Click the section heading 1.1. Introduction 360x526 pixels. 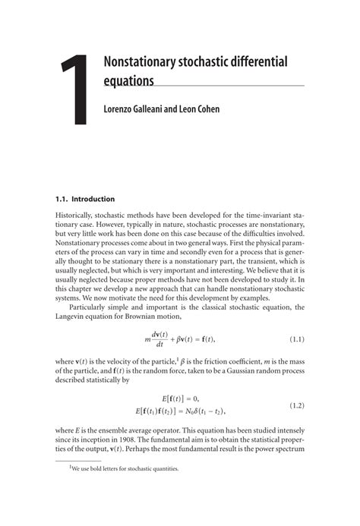[x=86, y=200]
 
